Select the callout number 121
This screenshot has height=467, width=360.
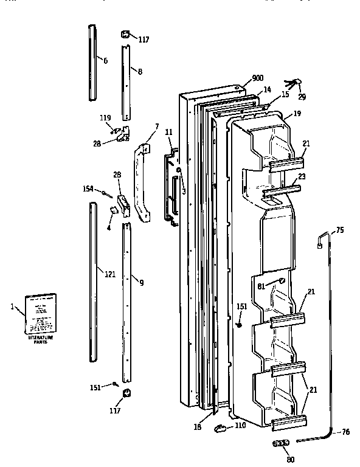[x=109, y=274]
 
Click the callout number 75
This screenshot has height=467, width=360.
[x=340, y=230]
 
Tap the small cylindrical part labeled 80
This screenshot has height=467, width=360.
[x=281, y=444]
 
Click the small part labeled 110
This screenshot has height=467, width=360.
[x=220, y=428]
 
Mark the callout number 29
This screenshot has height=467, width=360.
[x=302, y=97]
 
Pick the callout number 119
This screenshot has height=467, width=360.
[x=105, y=117]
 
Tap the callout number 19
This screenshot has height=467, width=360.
[x=297, y=113]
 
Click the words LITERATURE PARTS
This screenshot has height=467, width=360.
[x=40, y=339]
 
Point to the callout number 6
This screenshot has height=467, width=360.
[x=105, y=61]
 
